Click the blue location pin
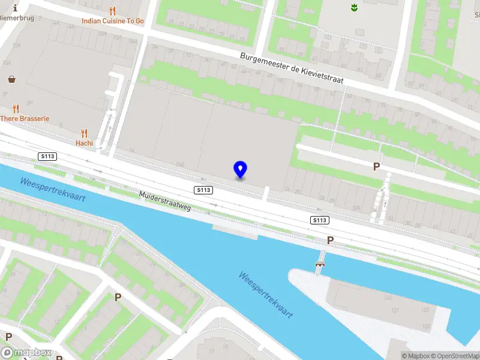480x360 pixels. (x=240, y=170)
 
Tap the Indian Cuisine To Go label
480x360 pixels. (x=113, y=21)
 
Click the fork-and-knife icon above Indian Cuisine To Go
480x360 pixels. (x=113, y=11)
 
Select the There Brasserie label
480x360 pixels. (x=25, y=119)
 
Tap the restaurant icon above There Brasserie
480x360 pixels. (x=16, y=109)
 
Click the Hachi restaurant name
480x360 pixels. (x=84, y=143)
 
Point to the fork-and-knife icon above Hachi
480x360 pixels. (x=84, y=133)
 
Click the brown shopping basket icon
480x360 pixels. (x=12, y=79)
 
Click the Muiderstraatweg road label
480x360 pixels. (x=165, y=201)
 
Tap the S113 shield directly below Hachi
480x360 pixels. (x=47, y=157)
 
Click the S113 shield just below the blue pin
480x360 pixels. (x=204, y=190)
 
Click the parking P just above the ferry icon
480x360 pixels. (x=330, y=240)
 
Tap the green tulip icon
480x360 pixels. (x=354, y=7)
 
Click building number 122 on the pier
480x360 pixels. (x=425, y=310)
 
